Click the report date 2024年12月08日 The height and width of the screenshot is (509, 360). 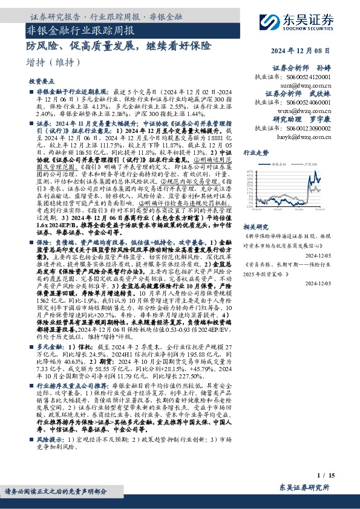pyautogui.click(x=319, y=51)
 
